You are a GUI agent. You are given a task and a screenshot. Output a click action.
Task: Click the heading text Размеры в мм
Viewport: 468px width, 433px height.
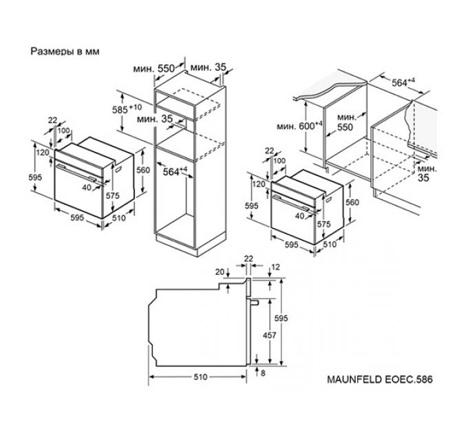[65, 52]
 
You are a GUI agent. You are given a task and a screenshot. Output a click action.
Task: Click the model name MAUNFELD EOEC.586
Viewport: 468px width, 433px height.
[380, 379]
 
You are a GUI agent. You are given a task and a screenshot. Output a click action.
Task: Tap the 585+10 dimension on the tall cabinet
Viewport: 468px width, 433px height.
[127, 109]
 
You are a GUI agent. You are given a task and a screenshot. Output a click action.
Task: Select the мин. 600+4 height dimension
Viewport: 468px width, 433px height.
[299, 126]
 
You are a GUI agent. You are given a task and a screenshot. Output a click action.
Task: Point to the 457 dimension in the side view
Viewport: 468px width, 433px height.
[269, 335]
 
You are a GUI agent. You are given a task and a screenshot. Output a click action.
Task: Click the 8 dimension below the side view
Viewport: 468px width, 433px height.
[263, 373]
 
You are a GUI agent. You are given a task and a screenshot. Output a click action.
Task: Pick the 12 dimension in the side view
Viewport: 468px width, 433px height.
[276, 267]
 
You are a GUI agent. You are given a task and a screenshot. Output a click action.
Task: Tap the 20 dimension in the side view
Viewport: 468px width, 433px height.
[220, 271]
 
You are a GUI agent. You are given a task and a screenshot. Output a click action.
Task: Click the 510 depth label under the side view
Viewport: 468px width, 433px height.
[200, 377]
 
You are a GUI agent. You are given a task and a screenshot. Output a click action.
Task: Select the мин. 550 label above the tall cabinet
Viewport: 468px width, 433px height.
[153, 69]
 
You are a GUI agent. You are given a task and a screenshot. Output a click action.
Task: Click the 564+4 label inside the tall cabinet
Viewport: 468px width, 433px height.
[175, 171]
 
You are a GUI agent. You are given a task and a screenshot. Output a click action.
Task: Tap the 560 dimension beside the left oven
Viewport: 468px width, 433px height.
[143, 170]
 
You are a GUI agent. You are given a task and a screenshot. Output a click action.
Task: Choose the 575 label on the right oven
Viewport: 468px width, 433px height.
[324, 224]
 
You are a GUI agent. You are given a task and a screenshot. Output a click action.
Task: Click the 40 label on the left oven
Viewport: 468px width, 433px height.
[87, 187]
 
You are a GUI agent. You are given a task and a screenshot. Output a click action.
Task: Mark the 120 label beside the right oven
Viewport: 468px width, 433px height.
[259, 184]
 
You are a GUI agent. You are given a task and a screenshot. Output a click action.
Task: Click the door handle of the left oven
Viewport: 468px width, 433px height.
[76, 172]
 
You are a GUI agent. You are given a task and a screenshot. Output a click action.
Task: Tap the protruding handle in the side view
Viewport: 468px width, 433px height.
[255, 302]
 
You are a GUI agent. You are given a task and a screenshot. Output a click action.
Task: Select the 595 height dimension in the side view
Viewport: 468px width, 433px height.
[281, 318]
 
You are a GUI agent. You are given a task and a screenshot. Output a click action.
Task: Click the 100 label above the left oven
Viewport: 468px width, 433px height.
[63, 131]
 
